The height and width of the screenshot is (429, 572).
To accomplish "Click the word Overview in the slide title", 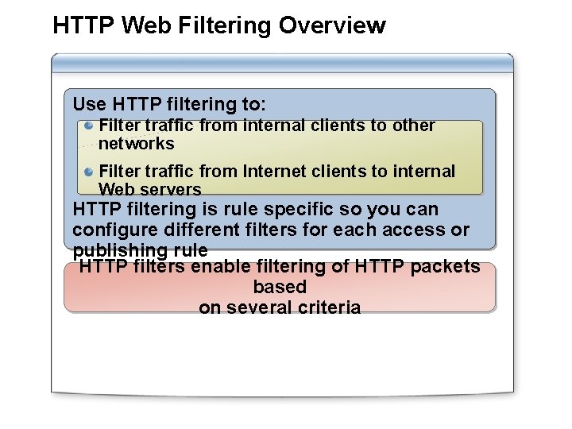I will (x=332, y=25).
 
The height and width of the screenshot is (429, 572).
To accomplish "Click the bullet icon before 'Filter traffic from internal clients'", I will (x=90, y=126).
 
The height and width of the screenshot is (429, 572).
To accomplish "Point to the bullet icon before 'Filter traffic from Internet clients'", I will (x=90, y=172).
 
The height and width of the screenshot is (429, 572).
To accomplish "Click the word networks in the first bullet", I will (x=136, y=144).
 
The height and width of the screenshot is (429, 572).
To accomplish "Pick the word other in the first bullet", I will (x=414, y=126).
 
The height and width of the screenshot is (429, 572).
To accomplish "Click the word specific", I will (x=306, y=210).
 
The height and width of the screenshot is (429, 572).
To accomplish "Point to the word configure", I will (x=108, y=230).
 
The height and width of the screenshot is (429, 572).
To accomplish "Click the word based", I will (x=280, y=287).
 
